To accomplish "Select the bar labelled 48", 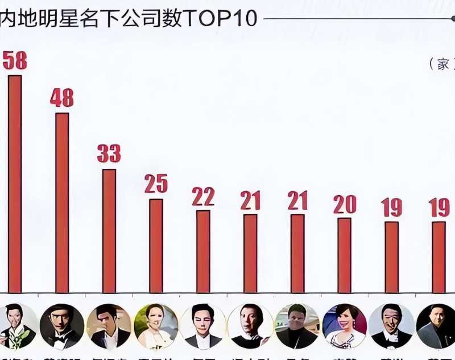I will point(62,202).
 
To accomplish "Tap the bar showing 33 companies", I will point(109,230).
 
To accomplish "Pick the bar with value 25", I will point(156,245).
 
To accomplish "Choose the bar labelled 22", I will point(203,251).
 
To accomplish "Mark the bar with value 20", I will point(344,255).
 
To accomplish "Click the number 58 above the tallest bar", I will point(15,61).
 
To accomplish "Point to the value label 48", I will point(61,98).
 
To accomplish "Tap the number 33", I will point(109,154).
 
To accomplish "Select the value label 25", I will point(156,184).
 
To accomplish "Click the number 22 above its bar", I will point(203,196).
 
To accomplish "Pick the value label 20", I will point(344,204).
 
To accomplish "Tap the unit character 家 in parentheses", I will point(443,64).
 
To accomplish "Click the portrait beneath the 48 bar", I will point(62,326).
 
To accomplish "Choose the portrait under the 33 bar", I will point(109,326).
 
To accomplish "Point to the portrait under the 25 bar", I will point(156,326).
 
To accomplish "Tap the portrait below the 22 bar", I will point(203,326).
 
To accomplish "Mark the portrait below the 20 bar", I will point(344,326).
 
